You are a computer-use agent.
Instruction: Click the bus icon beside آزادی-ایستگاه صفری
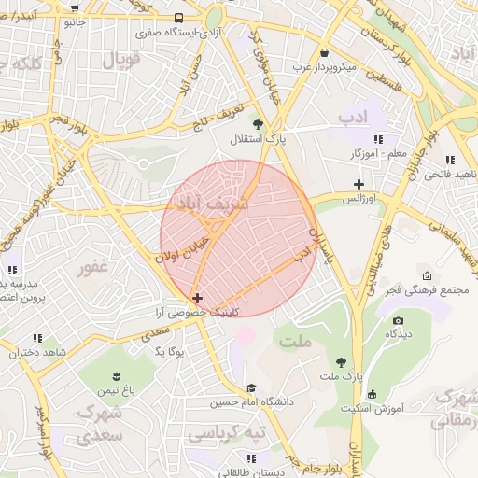pos(178,18)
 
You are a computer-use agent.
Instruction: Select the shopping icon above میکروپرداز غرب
pos(324,53)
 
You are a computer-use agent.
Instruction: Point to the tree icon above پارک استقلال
pos(258,124)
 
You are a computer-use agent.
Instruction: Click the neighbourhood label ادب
pos(356,115)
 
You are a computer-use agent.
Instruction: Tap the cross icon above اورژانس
pos(358,184)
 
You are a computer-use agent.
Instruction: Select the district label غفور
pos(93,268)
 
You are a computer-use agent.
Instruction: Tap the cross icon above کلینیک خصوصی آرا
pos(196,298)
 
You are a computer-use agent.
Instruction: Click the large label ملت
pos(296,342)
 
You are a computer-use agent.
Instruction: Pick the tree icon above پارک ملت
pos(342,361)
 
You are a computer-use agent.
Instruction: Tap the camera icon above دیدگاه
pos(398,320)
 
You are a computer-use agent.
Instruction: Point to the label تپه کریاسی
pos(227,434)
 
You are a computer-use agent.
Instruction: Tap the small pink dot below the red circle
pos(246,333)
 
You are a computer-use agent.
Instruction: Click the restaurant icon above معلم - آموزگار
pos(378,138)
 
